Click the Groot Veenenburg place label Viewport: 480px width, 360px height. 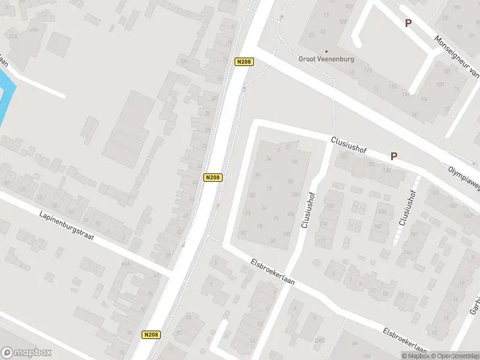(x=326, y=59)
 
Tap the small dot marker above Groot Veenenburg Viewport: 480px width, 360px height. (x=326, y=51)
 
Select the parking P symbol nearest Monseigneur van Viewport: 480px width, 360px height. (x=408, y=23)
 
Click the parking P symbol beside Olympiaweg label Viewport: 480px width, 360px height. (x=394, y=156)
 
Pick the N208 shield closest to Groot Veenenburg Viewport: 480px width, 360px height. (x=244, y=62)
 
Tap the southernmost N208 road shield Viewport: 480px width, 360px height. (x=152, y=335)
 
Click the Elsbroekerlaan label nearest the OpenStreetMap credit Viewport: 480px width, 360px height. (x=405, y=341)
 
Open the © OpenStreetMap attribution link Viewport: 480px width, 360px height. (x=455, y=356)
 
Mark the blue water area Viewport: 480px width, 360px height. (x=5, y=96)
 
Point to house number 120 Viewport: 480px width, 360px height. (x=329, y=206)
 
